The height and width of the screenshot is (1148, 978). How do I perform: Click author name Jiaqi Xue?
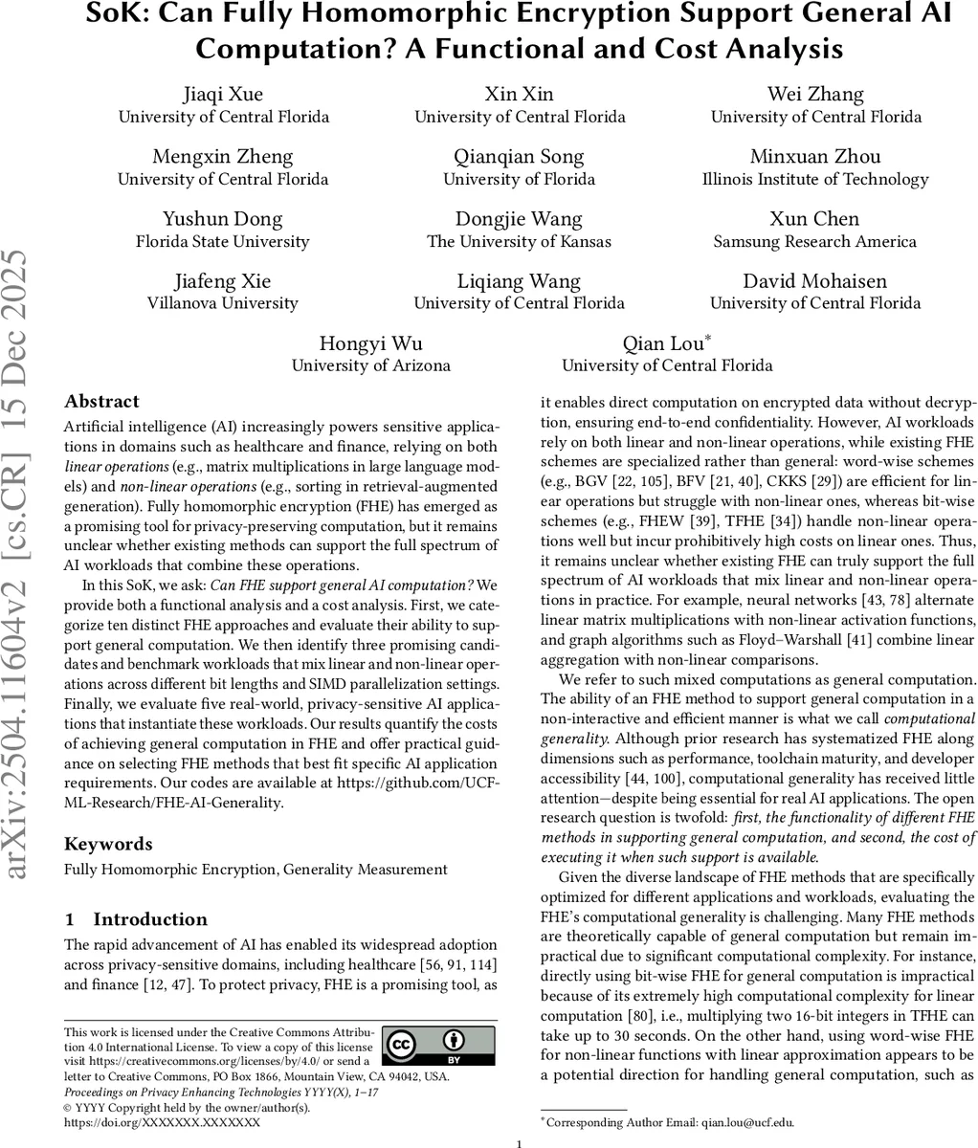click(223, 94)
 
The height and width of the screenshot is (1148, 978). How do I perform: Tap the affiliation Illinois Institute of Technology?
click(815, 179)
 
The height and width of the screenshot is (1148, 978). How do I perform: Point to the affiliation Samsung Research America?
click(815, 241)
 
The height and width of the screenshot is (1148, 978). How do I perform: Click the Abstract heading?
click(101, 402)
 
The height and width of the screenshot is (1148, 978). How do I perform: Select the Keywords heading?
click(107, 844)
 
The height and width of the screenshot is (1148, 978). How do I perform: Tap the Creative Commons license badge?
click(438, 1047)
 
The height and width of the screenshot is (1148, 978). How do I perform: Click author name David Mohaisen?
click(815, 281)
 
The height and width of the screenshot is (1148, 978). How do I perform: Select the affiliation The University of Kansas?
click(519, 241)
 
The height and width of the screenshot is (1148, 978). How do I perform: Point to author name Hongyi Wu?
click(370, 343)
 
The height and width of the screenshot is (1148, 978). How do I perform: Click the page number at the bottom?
click(518, 1142)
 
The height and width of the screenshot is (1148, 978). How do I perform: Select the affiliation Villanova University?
click(223, 303)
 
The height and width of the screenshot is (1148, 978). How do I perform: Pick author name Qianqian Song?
click(519, 157)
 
